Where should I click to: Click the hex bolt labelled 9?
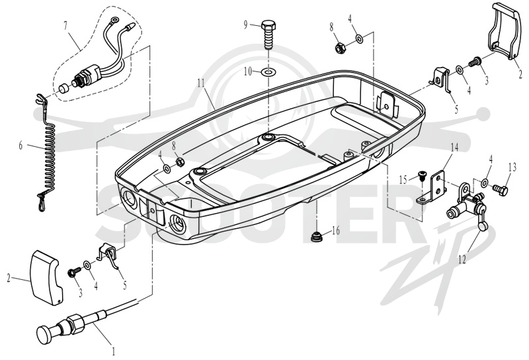[x=269, y=35]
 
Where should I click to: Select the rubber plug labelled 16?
[x=317, y=236]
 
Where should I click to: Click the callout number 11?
[x=201, y=83]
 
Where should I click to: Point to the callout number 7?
[x=65, y=25]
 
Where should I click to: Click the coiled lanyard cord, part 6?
[x=47, y=152]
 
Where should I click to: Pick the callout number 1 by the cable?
[x=114, y=351]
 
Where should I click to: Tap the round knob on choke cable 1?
[x=44, y=334]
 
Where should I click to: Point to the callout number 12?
[x=462, y=259]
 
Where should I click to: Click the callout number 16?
[x=336, y=231]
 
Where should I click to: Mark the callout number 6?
[x=20, y=146]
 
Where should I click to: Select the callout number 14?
[x=454, y=148]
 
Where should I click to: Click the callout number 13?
[x=512, y=167]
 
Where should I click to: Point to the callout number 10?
[x=248, y=71]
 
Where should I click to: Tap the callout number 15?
[x=403, y=179]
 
